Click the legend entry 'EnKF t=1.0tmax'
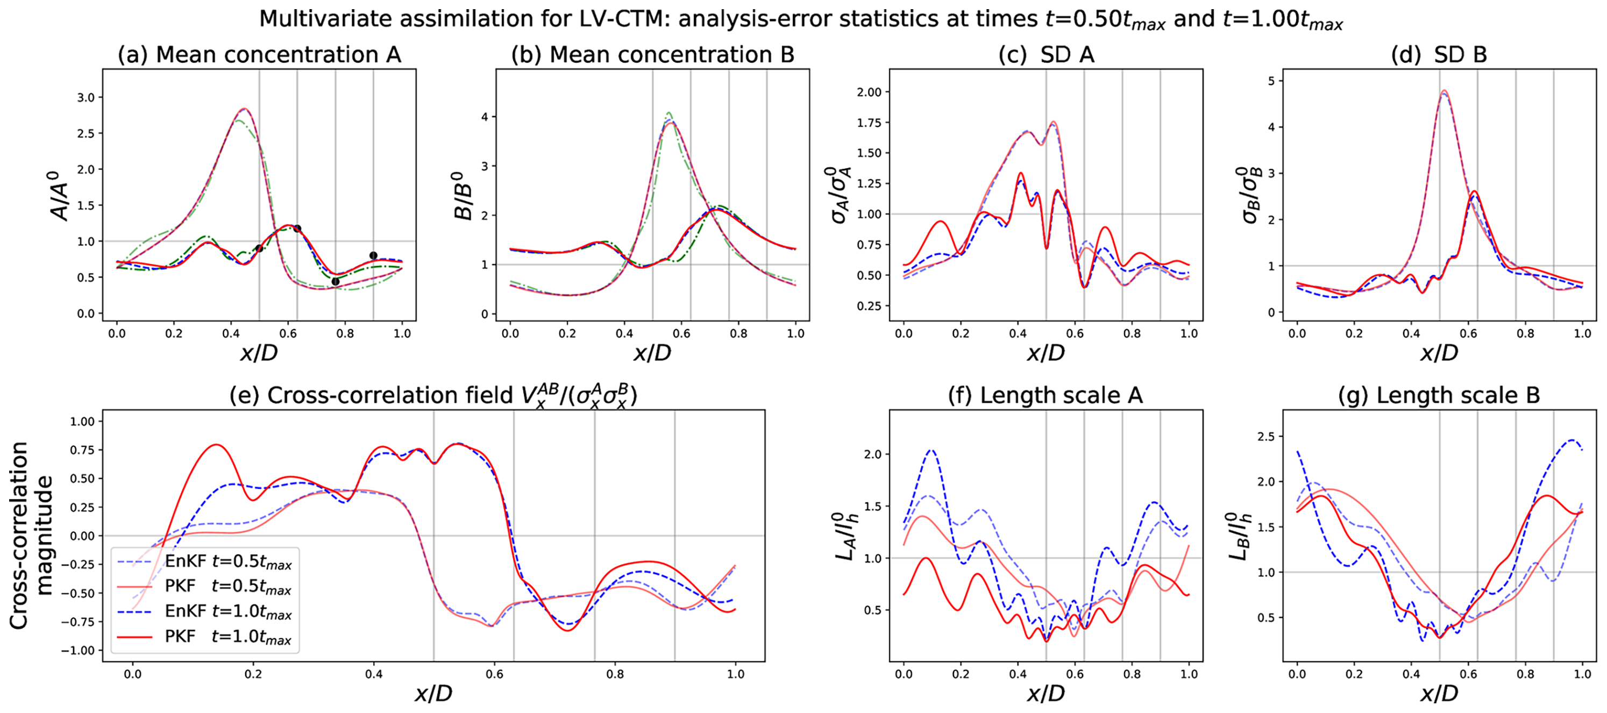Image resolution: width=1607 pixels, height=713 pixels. click(227, 612)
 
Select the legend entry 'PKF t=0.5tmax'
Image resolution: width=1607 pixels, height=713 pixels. click(227, 587)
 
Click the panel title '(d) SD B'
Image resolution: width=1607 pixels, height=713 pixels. click(1439, 55)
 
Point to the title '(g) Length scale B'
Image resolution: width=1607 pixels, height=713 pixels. click(1439, 396)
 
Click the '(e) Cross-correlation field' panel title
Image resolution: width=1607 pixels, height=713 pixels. click(433, 396)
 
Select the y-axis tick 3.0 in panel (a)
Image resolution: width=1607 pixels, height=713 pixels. click(86, 98)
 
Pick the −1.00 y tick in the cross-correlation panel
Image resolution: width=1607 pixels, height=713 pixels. click(77, 651)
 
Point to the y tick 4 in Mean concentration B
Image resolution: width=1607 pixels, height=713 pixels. click(484, 117)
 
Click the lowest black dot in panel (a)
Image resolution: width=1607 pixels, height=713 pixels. click(335, 281)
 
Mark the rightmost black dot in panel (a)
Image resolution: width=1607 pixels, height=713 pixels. click(373, 255)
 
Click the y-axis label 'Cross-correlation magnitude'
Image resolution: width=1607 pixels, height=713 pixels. click(31, 535)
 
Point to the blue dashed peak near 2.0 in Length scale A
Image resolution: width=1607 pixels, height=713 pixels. click(932, 450)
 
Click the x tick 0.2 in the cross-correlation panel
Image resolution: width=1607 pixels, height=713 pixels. click(253, 674)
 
